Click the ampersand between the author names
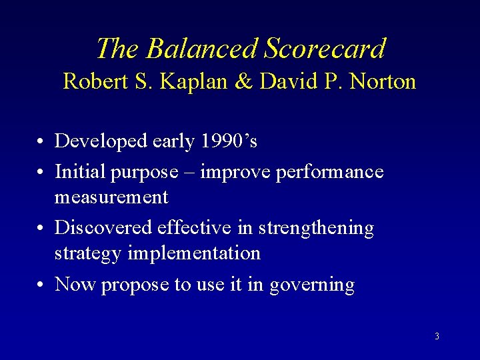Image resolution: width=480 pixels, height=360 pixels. pos(243,82)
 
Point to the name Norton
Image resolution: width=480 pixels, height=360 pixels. pos(381,82)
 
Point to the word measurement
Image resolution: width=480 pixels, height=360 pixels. pos(111,197)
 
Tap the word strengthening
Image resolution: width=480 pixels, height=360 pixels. pos(323,228)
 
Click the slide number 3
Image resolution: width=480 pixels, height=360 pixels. pos(437,336)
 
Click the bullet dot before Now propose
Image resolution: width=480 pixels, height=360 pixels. pos(41,285)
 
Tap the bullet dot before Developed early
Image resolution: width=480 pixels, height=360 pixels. pos(41,141)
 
